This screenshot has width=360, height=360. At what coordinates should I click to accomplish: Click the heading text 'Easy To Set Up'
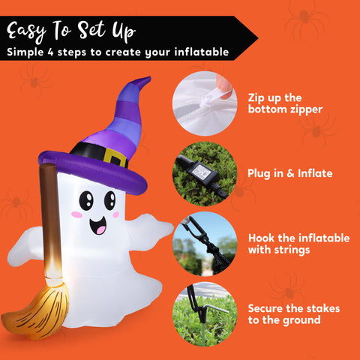(x=71, y=31)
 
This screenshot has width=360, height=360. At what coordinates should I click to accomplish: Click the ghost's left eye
(x=86, y=199)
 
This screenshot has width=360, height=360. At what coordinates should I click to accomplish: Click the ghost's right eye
(x=109, y=199)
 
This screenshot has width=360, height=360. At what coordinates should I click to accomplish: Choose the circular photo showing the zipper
(x=205, y=103)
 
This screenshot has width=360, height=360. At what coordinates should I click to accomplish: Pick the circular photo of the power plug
(x=205, y=172)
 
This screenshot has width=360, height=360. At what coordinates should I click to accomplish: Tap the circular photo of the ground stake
(x=205, y=313)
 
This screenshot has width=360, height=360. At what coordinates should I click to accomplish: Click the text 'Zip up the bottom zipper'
(x=285, y=103)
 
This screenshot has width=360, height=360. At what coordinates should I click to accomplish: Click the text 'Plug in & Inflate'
(x=289, y=173)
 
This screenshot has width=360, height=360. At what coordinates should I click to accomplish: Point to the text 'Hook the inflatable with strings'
(x=298, y=244)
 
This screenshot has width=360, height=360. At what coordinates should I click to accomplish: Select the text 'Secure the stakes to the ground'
(x=295, y=313)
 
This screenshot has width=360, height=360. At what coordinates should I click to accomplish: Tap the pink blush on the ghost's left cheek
(x=76, y=214)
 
